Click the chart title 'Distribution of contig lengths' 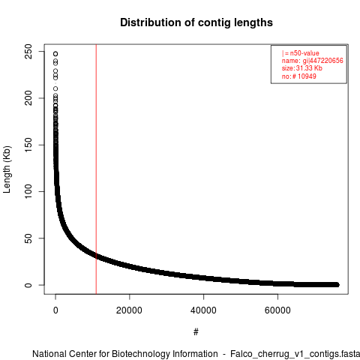click(x=196, y=22)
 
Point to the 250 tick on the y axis click(x=28, y=52)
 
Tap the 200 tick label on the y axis click(x=28, y=98)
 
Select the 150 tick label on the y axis click(x=28, y=145)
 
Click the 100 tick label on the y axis click(x=28, y=191)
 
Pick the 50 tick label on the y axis click(x=28, y=238)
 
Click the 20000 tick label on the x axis click(x=129, y=310)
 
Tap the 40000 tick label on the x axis click(x=203, y=310)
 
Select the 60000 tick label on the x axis click(x=277, y=310)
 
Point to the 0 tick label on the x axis click(x=55, y=310)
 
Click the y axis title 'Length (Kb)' click(x=7, y=169)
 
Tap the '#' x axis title click(x=196, y=332)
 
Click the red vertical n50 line click(x=96, y=169)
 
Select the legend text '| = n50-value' click(x=301, y=53)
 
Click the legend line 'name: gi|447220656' click(x=313, y=61)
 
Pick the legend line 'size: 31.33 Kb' click(x=302, y=68)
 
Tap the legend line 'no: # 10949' click(x=299, y=76)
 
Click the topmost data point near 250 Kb click(x=55, y=54)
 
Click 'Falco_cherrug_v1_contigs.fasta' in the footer click(x=295, y=354)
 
